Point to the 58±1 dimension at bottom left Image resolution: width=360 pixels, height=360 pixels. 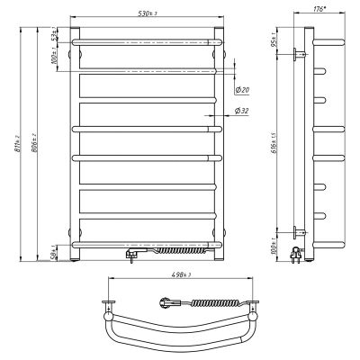tap(57, 251)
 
